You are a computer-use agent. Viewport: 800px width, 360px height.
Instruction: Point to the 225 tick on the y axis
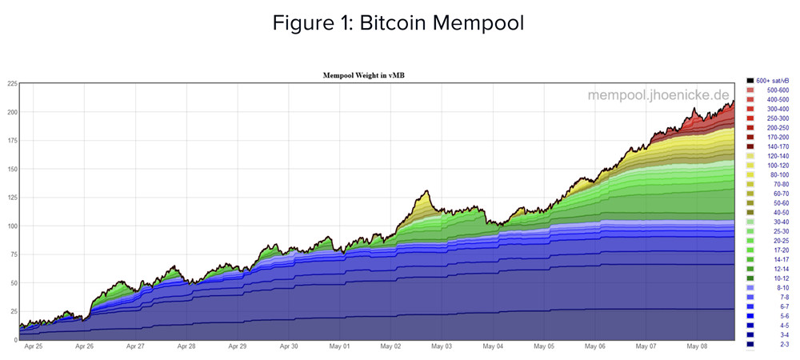pyautogui.click(x=12, y=83)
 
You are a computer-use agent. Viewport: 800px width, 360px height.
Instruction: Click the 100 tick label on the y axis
pyautogui.click(x=12, y=226)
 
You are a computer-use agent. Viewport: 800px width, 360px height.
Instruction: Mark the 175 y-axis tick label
pyautogui.click(x=12, y=140)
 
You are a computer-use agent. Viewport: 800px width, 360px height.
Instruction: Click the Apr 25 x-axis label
pyautogui.click(x=34, y=347)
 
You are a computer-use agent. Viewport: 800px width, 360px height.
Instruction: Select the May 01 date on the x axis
pyautogui.click(x=340, y=347)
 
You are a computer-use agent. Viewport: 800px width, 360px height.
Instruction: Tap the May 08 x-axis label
pyautogui.click(x=697, y=347)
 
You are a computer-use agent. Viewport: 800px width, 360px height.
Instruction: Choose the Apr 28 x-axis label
pyautogui.click(x=186, y=347)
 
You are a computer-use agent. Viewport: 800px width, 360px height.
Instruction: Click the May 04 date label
pyautogui.click(x=493, y=347)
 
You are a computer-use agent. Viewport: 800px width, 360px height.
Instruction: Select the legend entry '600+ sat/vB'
pyautogui.click(x=772, y=81)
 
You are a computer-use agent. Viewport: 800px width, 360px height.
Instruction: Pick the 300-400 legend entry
pyautogui.click(x=778, y=109)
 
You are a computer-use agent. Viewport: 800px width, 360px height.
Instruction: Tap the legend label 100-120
pyautogui.click(x=778, y=166)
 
